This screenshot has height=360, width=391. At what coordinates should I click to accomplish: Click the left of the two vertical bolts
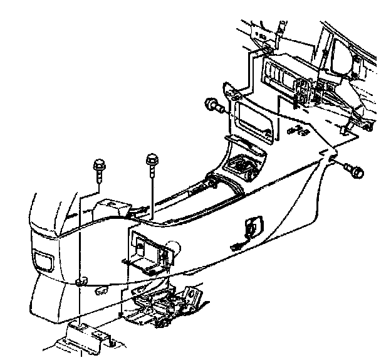pyautogui.click(x=98, y=166)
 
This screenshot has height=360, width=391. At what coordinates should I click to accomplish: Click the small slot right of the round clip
pyautogui.click(x=101, y=290)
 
